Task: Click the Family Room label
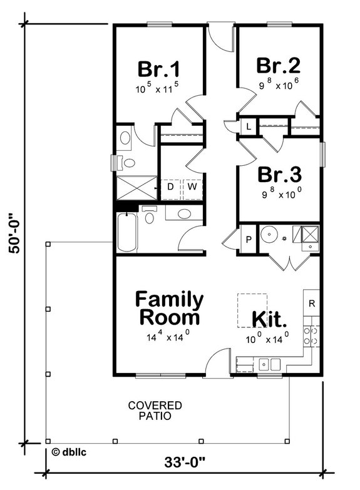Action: point(169,307)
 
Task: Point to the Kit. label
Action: point(270,319)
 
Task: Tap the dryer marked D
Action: point(170,187)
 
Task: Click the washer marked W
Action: point(192,187)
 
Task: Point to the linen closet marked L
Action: point(249,126)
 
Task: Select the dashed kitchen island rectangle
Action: point(252,310)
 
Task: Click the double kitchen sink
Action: point(270,362)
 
